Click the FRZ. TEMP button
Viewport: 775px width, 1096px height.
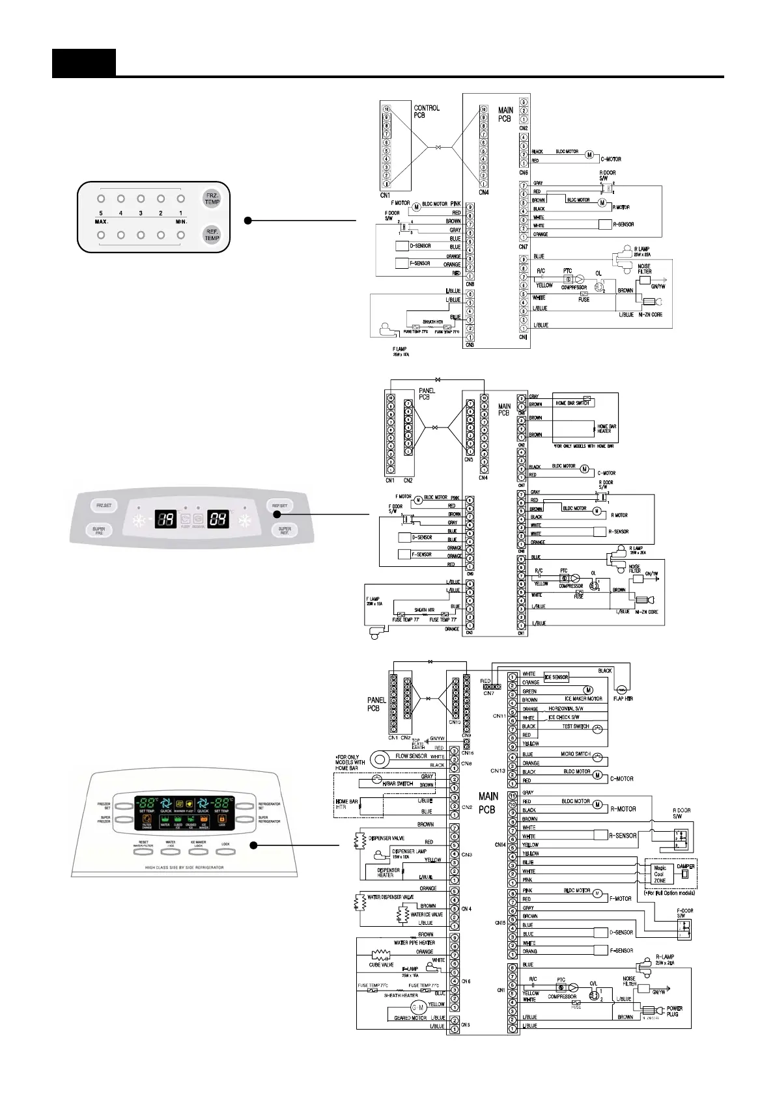[212, 199]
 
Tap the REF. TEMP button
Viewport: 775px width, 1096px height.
[212, 234]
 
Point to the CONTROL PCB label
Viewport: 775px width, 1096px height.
[427, 111]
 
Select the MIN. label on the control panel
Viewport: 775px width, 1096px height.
[181, 221]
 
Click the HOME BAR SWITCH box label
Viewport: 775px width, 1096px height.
[572, 403]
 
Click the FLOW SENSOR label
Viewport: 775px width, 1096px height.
[411, 756]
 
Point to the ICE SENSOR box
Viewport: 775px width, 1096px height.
[556, 678]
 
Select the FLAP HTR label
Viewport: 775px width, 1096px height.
[623, 699]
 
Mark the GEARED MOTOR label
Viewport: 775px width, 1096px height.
[410, 1018]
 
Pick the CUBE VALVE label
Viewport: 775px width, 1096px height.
[381, 965]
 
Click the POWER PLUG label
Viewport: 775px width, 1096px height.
[674, 1011]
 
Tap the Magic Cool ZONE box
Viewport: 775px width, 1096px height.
[660, 874]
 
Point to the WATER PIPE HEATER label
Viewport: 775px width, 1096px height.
[414, 942]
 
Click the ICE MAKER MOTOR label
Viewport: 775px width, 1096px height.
[584, 699]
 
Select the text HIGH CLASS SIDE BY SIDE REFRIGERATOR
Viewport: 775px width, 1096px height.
[184, 868]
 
